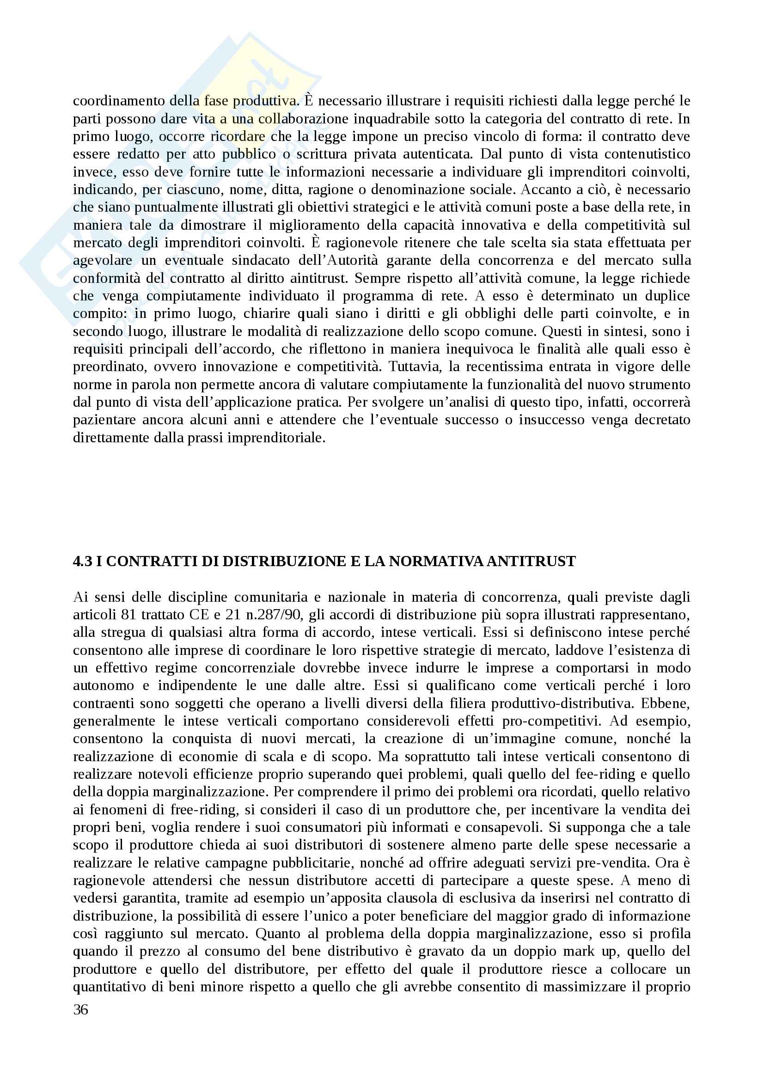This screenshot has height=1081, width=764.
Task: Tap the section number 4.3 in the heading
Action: coord(82,562)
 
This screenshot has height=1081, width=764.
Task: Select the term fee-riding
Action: coord(598,775)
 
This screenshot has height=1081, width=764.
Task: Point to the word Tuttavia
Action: coord(416,367)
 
